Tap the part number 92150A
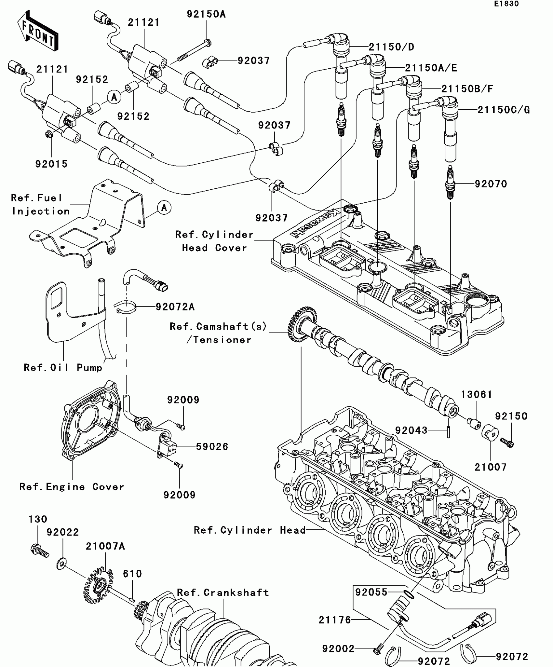point(206,14)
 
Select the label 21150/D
point(391,47)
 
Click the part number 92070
point(491,184)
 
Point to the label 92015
point(51,164)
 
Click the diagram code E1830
point(506,4)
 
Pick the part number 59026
point(212,446)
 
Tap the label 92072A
point(175,307)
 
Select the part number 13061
point(477,395)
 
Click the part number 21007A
point(105,546)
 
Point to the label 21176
point(335,620)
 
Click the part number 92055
point(371,592)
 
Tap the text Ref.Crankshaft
point(223,592)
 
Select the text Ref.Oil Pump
point(63,368)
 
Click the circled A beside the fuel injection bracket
point(164,208)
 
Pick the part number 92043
point(411,430)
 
